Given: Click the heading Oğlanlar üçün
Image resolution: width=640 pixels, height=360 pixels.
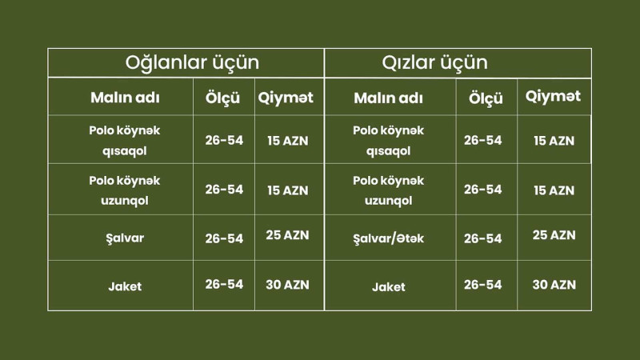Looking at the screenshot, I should (192, 62).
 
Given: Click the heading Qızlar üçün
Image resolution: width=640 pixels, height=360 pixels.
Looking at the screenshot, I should (435, 62).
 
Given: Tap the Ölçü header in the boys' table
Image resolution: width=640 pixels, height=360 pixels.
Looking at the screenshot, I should (224, 98).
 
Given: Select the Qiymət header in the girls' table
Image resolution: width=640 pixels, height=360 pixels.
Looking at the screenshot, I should (554, 98).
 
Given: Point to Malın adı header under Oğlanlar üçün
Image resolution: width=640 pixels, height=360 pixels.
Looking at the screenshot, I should (124, 98).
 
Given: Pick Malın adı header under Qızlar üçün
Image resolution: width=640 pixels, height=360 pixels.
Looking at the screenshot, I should (388, 98).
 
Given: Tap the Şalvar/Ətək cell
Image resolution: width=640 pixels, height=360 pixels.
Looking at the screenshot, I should (388, 238).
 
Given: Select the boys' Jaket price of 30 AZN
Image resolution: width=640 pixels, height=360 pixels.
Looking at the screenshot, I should (287, 284).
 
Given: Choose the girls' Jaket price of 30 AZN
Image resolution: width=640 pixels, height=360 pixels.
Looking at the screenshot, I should (554, 284).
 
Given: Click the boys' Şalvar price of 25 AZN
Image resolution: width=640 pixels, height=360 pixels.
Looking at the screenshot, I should (287, 235).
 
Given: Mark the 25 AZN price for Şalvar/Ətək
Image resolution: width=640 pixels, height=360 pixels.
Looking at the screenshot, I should (554, 235).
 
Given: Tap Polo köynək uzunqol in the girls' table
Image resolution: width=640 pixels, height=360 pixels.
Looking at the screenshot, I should (388, 190).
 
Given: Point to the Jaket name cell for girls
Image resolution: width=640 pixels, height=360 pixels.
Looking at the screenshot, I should (388, 286).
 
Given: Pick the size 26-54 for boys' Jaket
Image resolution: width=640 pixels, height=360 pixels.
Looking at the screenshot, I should (224, 284).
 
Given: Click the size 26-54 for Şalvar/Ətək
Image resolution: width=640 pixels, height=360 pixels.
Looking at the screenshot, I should (483, 238).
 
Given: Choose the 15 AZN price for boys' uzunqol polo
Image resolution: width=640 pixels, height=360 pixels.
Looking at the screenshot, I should (287, 190).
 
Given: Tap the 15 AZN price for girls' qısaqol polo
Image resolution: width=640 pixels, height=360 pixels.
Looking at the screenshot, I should (554, 141).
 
